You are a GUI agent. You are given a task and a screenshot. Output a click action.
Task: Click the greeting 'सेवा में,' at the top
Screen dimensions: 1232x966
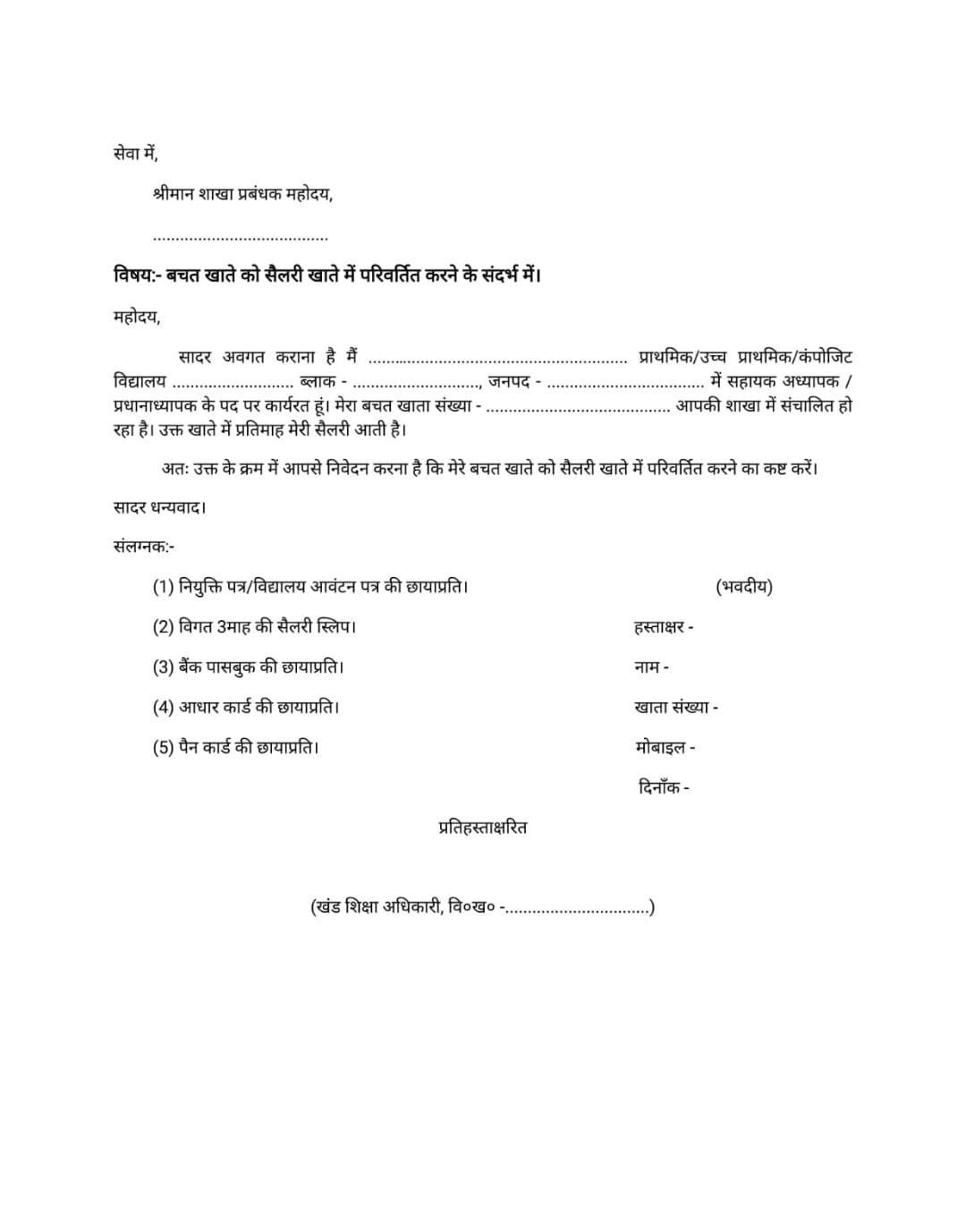136,154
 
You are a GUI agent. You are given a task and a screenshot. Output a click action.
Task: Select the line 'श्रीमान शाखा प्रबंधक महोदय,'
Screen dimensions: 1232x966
242,194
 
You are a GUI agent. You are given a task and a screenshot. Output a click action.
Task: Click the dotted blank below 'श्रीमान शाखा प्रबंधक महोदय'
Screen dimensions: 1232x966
241,238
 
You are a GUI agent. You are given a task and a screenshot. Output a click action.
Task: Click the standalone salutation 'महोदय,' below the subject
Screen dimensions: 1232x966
137,317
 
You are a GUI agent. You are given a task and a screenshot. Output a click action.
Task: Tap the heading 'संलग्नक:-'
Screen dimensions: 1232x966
144,547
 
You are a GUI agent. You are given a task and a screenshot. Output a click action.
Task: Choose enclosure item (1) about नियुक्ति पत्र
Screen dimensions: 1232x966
310,587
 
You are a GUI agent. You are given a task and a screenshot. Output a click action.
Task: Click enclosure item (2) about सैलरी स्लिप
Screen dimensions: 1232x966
254,626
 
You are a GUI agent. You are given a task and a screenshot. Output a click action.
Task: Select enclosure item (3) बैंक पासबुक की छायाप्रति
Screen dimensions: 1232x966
248,667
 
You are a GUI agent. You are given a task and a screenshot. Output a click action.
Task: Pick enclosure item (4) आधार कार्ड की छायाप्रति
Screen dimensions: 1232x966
246,707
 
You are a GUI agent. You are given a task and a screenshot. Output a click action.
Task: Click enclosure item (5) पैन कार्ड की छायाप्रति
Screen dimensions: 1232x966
235,747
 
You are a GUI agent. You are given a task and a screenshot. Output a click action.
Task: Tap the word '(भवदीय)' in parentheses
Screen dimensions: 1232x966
744,587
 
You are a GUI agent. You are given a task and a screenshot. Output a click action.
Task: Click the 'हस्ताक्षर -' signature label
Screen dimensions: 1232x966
664,627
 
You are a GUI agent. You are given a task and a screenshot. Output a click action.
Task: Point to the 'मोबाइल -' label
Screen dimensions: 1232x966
665,747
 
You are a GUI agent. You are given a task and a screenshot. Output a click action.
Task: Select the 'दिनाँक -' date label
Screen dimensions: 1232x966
664,787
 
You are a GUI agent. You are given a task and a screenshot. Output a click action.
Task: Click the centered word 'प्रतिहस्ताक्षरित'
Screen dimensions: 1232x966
483,828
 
